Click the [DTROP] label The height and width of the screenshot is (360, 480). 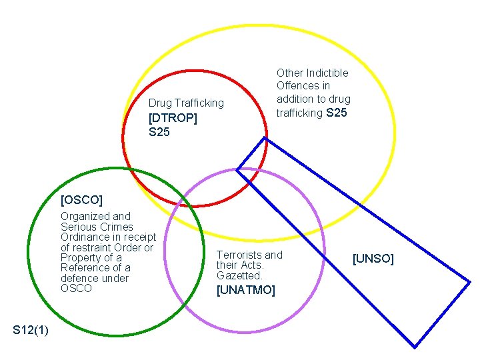pyautogui.click(x=173, y=118)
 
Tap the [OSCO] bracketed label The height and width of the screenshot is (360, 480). pyautogui.click(x=81, y=199)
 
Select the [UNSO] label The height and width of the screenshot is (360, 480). pyautogui.click(x=373, y=258)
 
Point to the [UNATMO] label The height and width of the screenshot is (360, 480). pyautogui.click(x=245, y=290)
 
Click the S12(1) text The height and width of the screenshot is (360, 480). pyautogui.click(x=30, y=330)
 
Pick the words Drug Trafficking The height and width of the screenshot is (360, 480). pyautogui.click(x=186, y=103)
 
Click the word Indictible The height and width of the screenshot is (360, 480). pyautogui.click(x=327, y=73)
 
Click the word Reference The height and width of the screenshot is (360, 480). pyautogui.click(x=85, y=268)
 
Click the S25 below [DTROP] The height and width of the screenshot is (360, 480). pyautogui.click(x=159, y=132)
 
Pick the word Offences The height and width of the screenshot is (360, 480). pyautogui.click(x=298, y=86)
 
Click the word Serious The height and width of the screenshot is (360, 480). pyautogui.click(x=78, y=227)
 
